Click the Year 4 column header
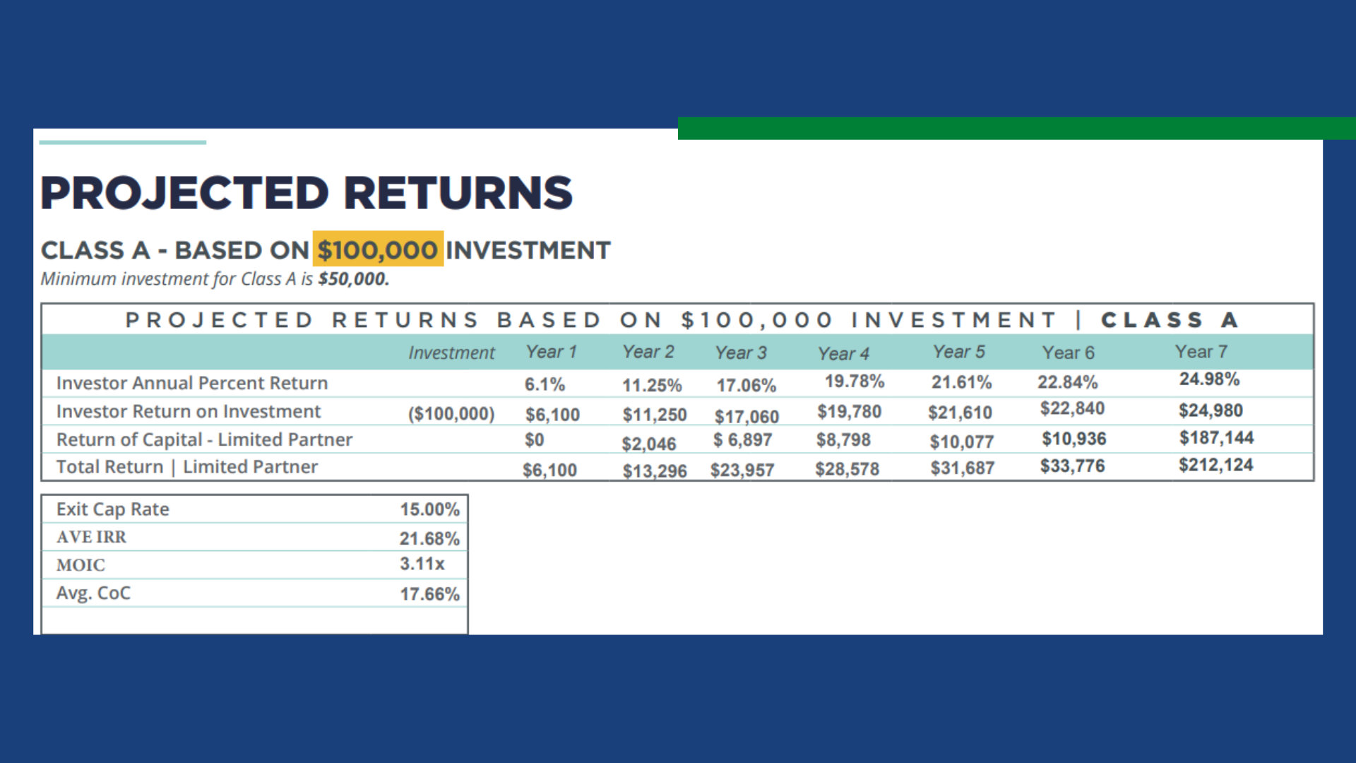(843, 353)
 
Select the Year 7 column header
(1201, 352)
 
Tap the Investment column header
(451, 353)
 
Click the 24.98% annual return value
(1209, 379)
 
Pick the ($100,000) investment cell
(451, 413)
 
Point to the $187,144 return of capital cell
(1216, 438)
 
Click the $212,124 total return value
(1215, 465)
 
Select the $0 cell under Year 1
(534, 440)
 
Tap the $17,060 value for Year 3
(747, 417)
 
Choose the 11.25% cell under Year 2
(652, 386)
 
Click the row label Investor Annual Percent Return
(192, 383)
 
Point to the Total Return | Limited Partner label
(187, 467)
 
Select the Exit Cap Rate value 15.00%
(429, 509)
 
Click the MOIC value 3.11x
(422, 564)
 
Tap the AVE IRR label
(92, 537)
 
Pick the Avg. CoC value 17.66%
(429, 594)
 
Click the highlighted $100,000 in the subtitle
(378, 249)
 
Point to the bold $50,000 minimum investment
(353, 279)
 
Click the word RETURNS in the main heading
(458, 193)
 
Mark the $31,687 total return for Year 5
(962, 468)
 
